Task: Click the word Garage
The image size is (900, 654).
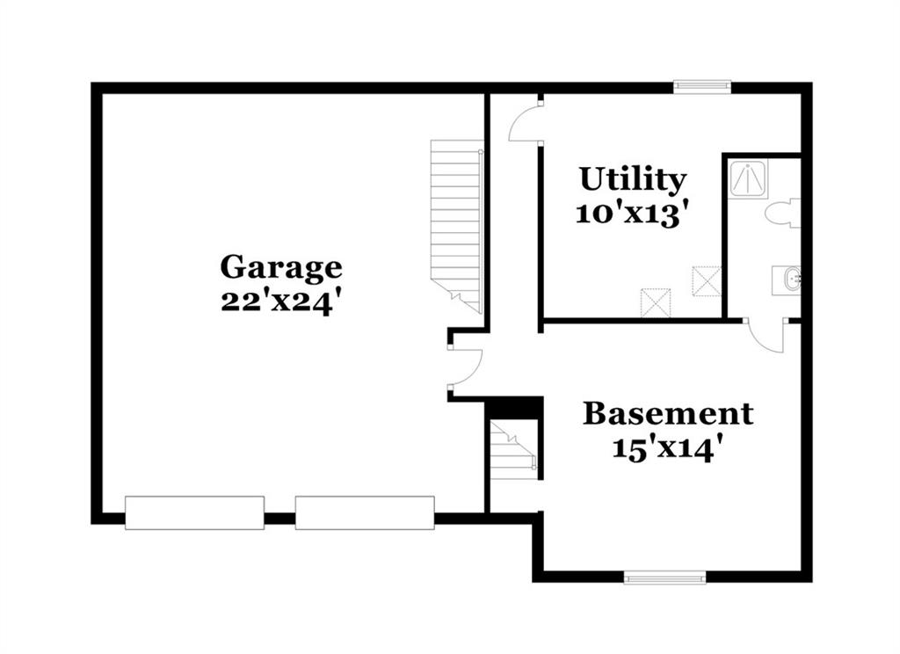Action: point(281,268)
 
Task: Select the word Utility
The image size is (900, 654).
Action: point(633,179)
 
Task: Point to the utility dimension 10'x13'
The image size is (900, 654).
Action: point(631,214)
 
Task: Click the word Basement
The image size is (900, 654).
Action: point(668,413)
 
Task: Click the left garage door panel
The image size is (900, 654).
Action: point(194,512)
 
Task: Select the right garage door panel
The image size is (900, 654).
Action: point(365,512)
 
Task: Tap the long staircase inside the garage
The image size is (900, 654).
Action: point(457,226)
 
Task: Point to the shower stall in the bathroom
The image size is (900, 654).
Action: point(747,179)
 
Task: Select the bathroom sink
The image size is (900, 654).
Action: point(787,280)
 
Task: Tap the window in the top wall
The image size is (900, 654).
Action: point(702,87)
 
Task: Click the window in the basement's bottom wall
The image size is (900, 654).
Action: point(664,577)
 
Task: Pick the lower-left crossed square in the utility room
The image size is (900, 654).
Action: point(656,302)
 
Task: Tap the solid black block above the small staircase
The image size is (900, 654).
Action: point(513,408)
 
